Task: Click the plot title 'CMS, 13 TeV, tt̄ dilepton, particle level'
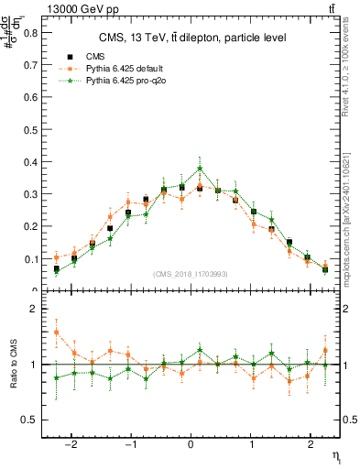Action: coord(192,38)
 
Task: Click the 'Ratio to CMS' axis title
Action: coord(13,365)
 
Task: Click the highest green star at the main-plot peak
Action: coord(200,169)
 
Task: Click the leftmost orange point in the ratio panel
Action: coord(57,333)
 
